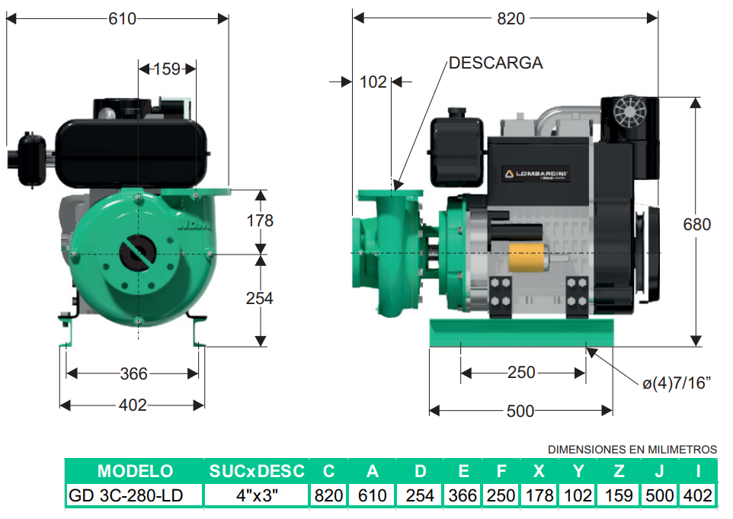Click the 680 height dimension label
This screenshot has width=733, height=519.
(x=696, y=224)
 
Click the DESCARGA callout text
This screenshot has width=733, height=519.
(x=495, y=62)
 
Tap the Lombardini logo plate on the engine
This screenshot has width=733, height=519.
(x=536, y=174)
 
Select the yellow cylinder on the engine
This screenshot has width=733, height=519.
(x=527, y=257)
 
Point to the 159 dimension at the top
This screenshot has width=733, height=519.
(x=167, y=69)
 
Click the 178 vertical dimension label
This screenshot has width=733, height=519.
(x=260, y=221)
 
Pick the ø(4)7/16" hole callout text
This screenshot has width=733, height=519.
(x=677, y=383)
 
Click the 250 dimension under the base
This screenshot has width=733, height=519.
(x=521, y=373)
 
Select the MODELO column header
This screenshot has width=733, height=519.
(x=135, y=471)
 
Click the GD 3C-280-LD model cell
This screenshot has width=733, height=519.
(x=125, y=495)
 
